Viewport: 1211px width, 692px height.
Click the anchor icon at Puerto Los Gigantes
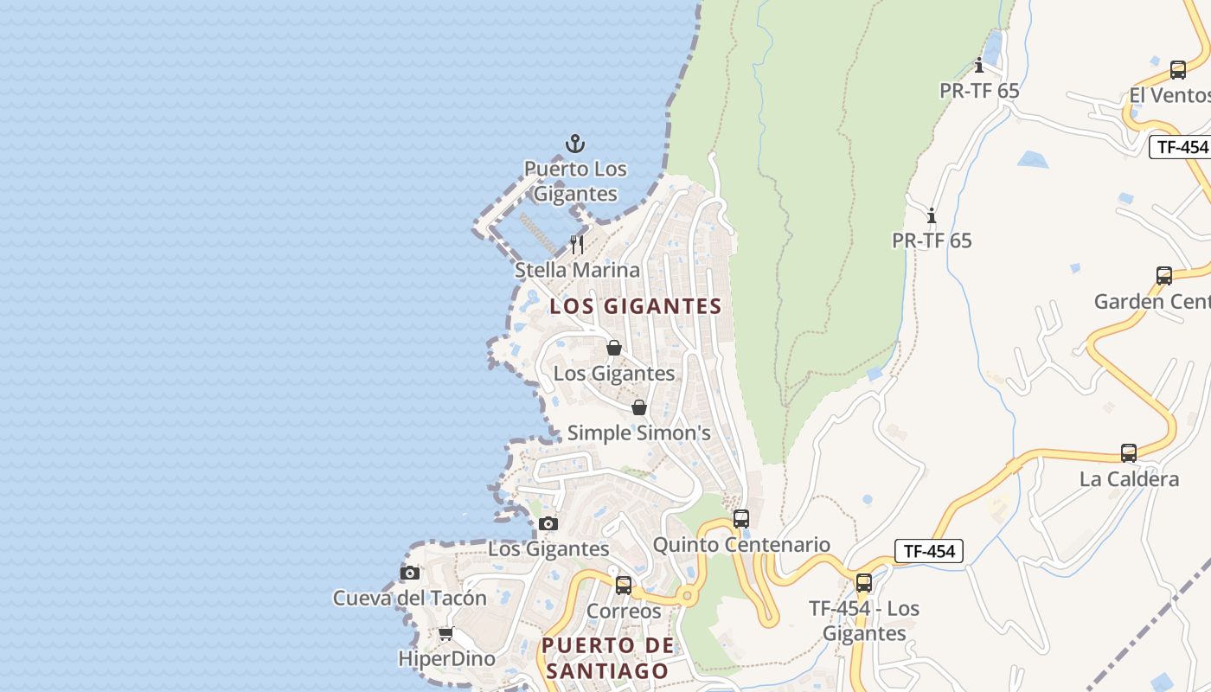point(575,144)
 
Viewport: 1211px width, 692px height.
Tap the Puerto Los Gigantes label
point(575,181)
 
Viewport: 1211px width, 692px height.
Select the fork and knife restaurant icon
point(577,245)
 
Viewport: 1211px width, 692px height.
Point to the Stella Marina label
point(577,270)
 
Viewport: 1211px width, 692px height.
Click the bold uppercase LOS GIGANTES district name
point(636,306)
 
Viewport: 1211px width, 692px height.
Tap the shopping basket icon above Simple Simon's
point(638,407)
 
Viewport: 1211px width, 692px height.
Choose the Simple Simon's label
point(638,432)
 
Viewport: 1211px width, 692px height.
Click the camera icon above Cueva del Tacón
point(410,573)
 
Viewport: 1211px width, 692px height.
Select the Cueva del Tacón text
point(410,598)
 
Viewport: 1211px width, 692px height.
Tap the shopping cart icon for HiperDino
point(445,634)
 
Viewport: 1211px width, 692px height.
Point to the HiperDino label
point(446,658)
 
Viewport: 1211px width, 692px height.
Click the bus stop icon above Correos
point(623,586)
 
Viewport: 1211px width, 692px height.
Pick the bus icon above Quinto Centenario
point(740,519)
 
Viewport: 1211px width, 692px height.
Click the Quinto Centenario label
point(741,545)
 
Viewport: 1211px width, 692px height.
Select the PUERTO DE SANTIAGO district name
point(607,657)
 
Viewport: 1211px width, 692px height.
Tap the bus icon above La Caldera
point(1129,453)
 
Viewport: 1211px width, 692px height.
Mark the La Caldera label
point(1129,479)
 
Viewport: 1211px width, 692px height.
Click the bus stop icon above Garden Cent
point(1164,276)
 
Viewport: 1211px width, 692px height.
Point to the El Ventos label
point(1169,95)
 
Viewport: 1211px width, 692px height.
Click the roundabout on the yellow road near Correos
point(687,596)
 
